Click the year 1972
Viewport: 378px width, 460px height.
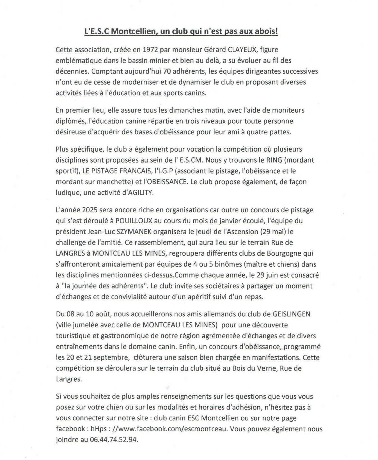coord(152,50)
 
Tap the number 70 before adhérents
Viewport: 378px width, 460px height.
coord(167,71)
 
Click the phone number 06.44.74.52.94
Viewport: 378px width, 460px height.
coord(114,439)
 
